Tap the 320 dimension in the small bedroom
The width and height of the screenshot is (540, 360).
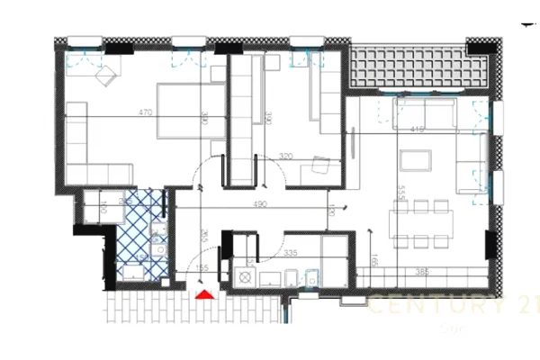pyautogui.click(x=286, y=156)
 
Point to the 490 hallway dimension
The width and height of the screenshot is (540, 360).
pyautogui.click(x=260, y=204)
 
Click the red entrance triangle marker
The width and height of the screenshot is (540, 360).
pyautogui.click(x=205, y=293)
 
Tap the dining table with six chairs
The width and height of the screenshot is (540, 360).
pyautogui.click(x=421, y=223)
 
